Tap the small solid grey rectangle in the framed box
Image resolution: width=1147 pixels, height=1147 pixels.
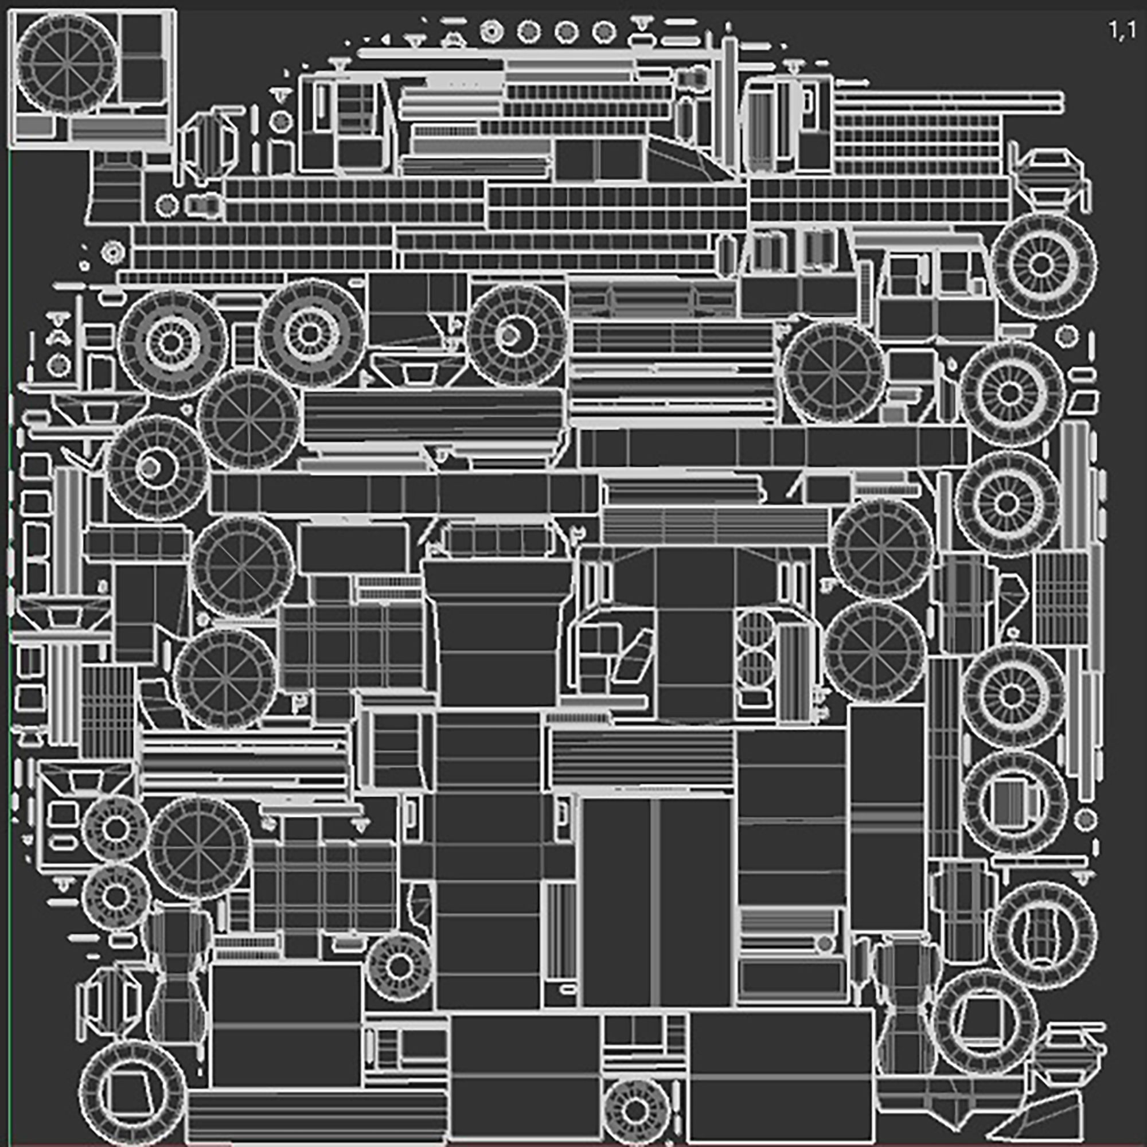coord(34,125)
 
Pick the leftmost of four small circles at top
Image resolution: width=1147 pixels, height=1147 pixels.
coord(491,32)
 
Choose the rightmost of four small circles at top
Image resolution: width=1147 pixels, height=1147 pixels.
coord(604,32)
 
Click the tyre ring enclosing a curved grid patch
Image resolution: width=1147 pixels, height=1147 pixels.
coord(1043,935)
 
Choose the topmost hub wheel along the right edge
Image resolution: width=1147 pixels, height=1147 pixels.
coord(1043,265)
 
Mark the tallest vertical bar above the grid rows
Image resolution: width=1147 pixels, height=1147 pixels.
coord(729,101)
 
